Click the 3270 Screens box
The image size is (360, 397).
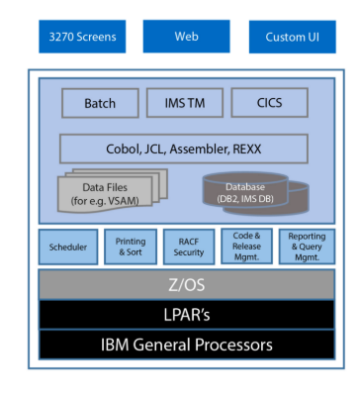[x=83, y=38]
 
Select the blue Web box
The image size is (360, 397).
[x=186, y=38]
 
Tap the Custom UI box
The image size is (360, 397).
[x=292, y=38]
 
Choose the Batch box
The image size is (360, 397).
[x=100, y=103]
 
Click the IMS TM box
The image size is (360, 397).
[x=185, y=103]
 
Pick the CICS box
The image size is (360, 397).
[x=269, y=103]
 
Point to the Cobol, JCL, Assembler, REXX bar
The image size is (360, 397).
[x=184, y=149]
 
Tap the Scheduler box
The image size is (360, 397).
[x=68, y=247]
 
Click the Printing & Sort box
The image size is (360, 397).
[x=130, y=247]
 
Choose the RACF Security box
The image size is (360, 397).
[x=187, y=247]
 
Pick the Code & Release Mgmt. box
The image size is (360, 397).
[x=246, y=247]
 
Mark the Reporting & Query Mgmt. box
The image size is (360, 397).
[x=306, y=247]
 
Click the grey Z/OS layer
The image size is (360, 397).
[x=185, y=284]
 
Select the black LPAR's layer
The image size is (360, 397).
[x=185, y=314]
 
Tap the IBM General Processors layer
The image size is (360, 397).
[x=185, y=345]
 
